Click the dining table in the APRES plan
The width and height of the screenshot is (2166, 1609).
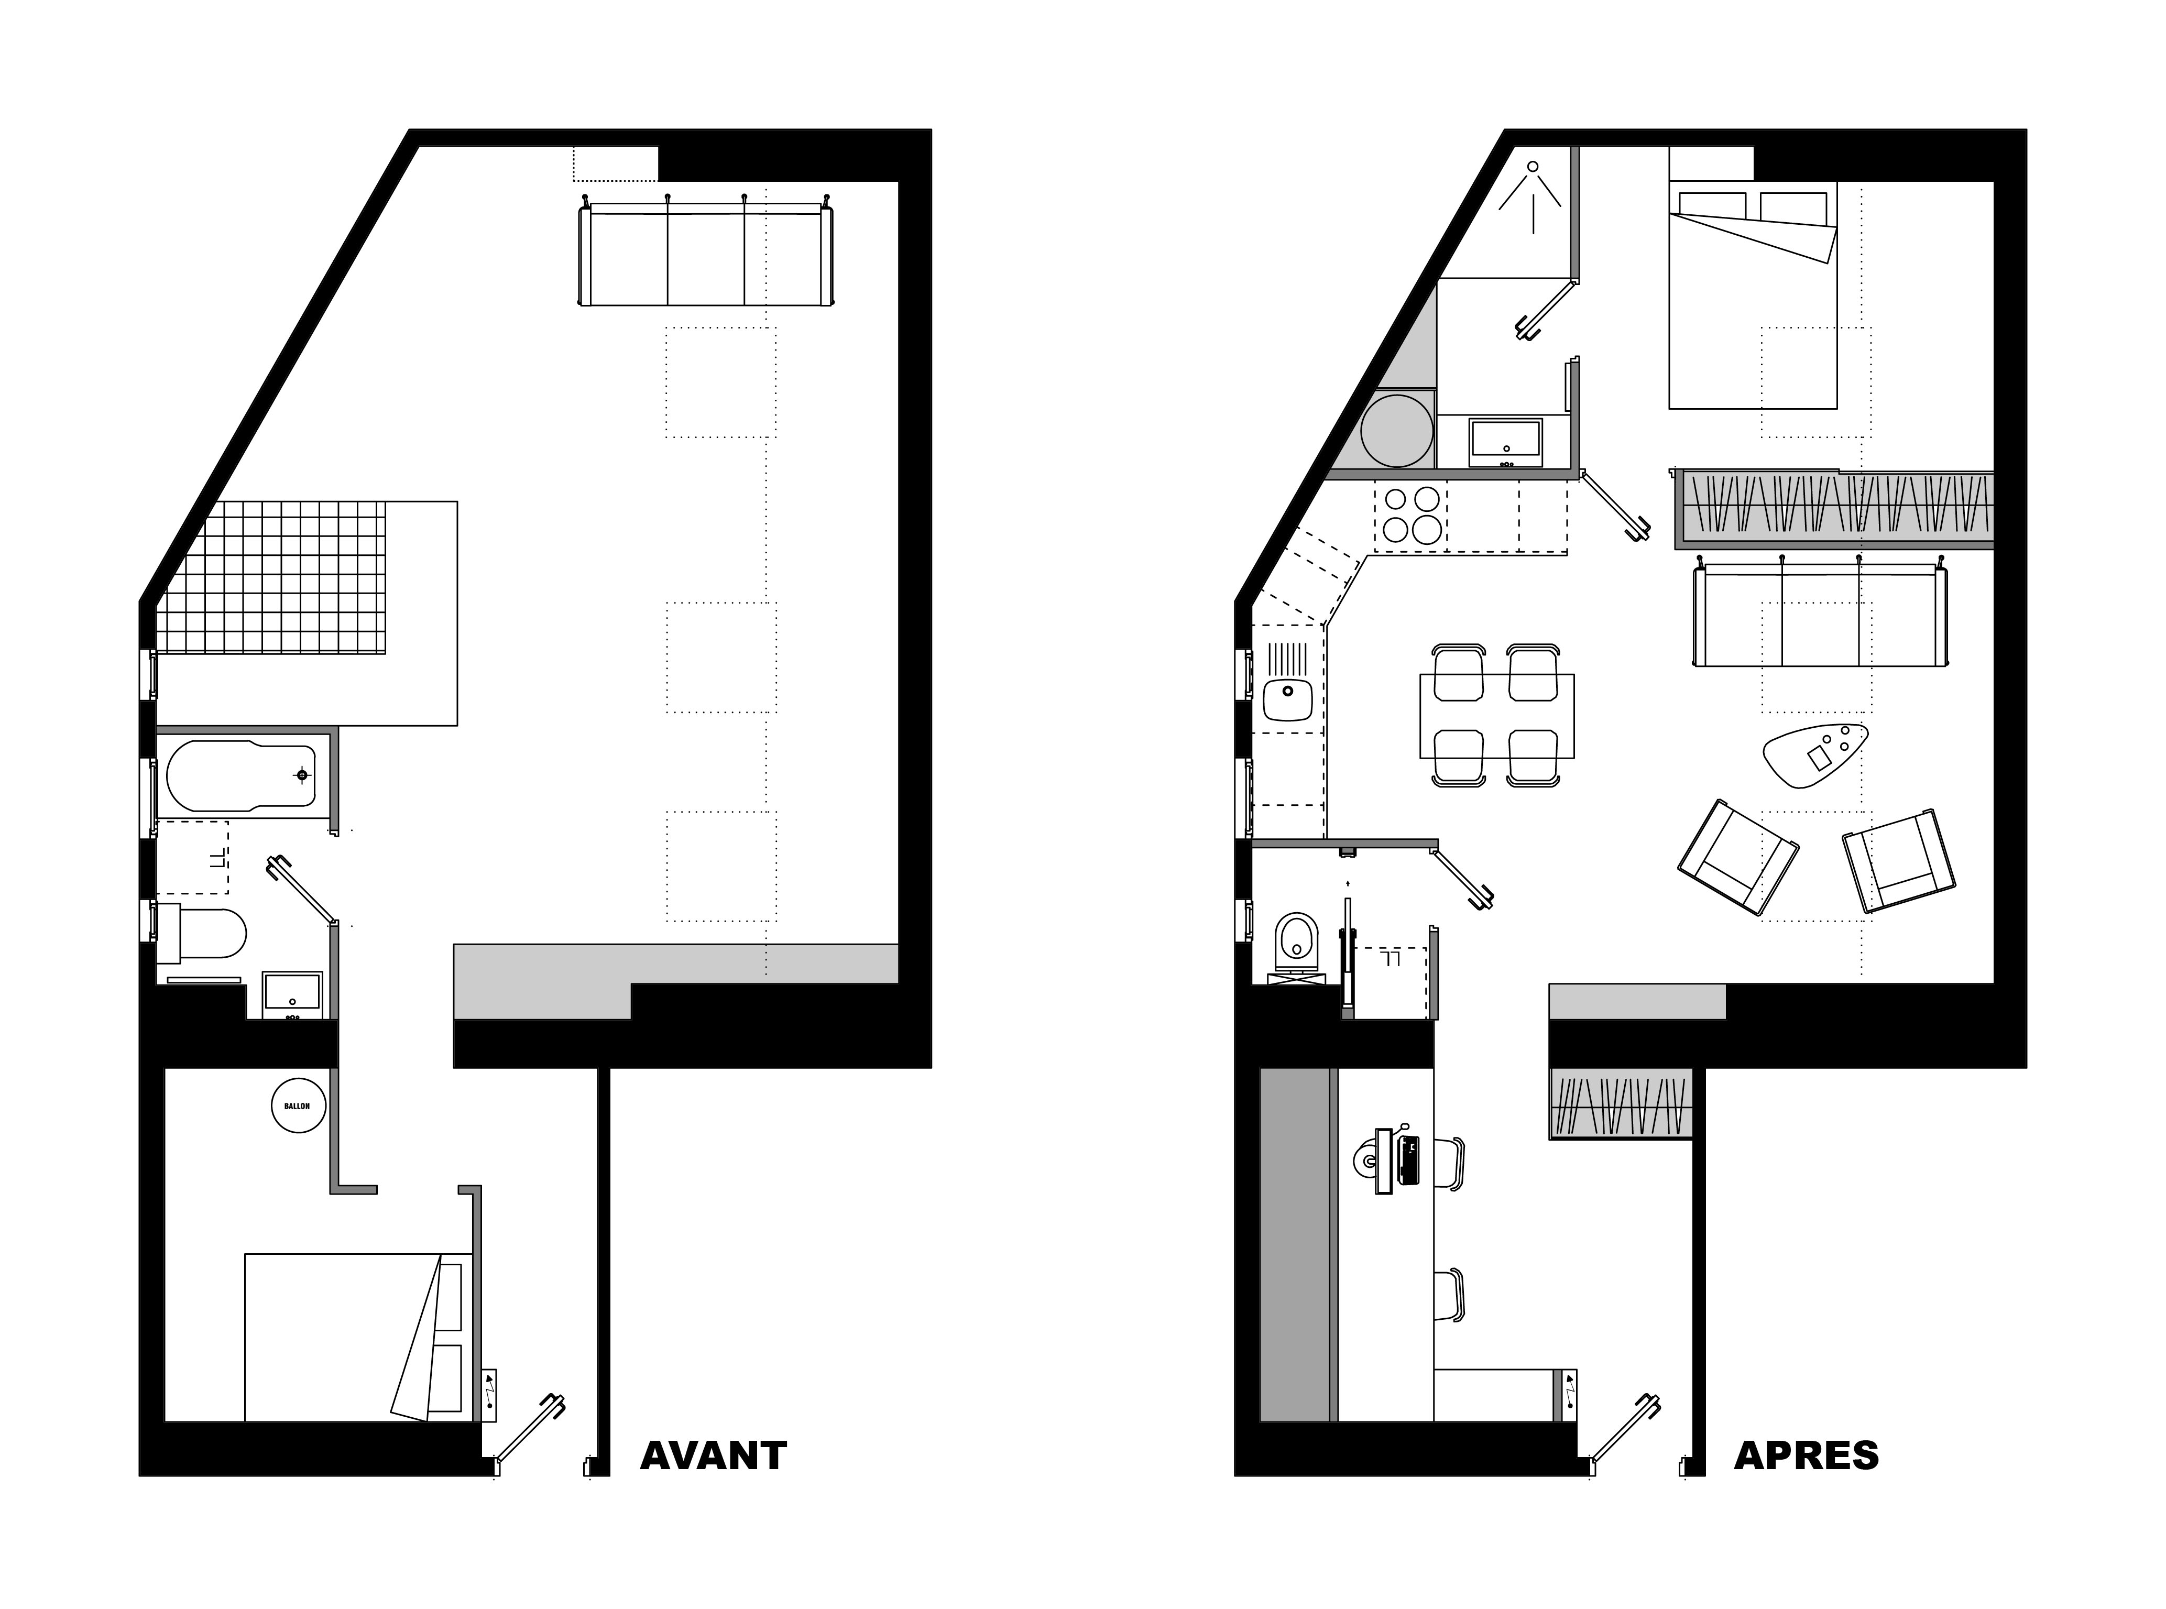[1497, 716]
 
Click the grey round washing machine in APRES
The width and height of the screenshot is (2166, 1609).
[1397, 431]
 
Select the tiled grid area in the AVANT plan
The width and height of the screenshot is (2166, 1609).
[272, 577]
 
